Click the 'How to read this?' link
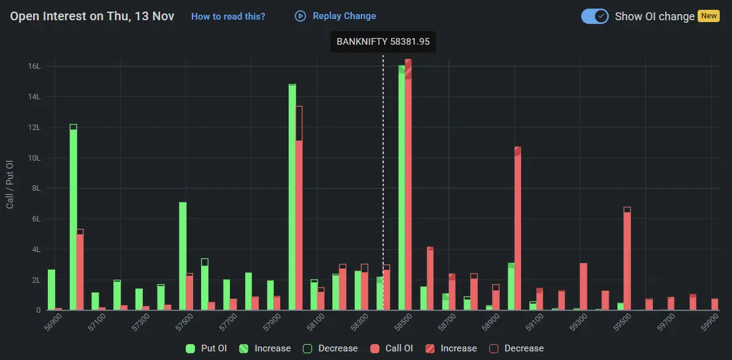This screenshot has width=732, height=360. click(x=228, y=17)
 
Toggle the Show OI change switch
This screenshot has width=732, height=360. click(x=594, y=17)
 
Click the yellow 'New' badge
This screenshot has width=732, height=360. click(x=709, y=16)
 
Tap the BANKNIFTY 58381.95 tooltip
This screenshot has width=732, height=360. click(x=383, y=42)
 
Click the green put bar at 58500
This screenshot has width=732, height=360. click(x=402, y=190)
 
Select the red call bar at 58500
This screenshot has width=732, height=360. click(x=408, y=190)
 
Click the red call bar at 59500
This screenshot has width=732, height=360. click(x=627, y=261)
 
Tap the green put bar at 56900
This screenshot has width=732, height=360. click(x=51, y=289)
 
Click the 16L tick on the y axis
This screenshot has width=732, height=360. click(x=34, y=66)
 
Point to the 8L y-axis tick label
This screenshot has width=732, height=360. click(x=34, y=188)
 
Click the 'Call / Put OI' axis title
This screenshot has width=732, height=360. click(x=10, y=185)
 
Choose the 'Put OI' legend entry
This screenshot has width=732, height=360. click(x=207, y=348)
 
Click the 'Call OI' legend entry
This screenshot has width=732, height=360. click(x=392, y=348)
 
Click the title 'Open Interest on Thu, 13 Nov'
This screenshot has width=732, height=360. click(x=92, y=17)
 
